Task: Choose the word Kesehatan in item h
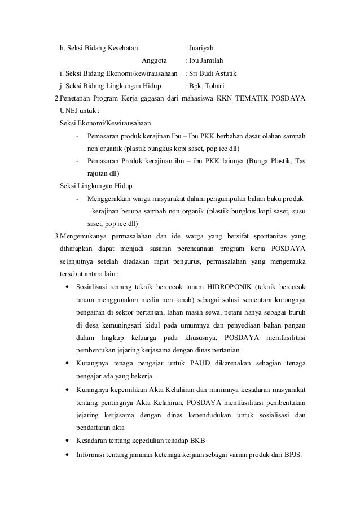click(x=120, y=47)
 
